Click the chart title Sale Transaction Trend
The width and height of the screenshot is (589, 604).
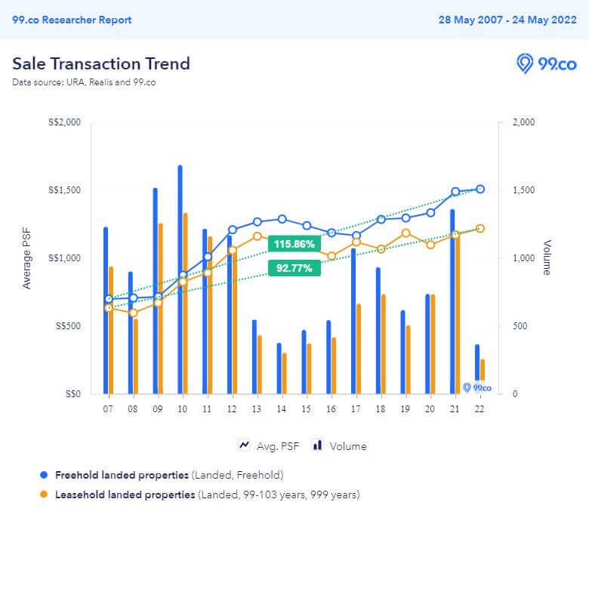pos(101,63)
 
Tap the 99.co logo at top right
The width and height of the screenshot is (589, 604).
pos(546,63)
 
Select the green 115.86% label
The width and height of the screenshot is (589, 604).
pos(294,244)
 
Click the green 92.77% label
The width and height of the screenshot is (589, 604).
pos(294,267)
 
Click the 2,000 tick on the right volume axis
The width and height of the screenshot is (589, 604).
pos(524,122)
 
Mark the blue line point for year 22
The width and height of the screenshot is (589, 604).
pos(480,190)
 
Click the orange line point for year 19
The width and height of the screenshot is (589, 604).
pos(406,233)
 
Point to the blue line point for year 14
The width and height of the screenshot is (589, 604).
pos(282,219)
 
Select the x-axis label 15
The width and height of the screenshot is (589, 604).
pos(306,408)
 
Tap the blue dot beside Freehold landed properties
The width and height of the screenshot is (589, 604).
pos(44,475)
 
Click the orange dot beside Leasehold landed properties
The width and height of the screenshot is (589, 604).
pos(44,495)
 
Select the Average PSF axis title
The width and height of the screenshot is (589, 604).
pos(28,258)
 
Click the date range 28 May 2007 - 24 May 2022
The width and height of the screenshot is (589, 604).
pos(507,20)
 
